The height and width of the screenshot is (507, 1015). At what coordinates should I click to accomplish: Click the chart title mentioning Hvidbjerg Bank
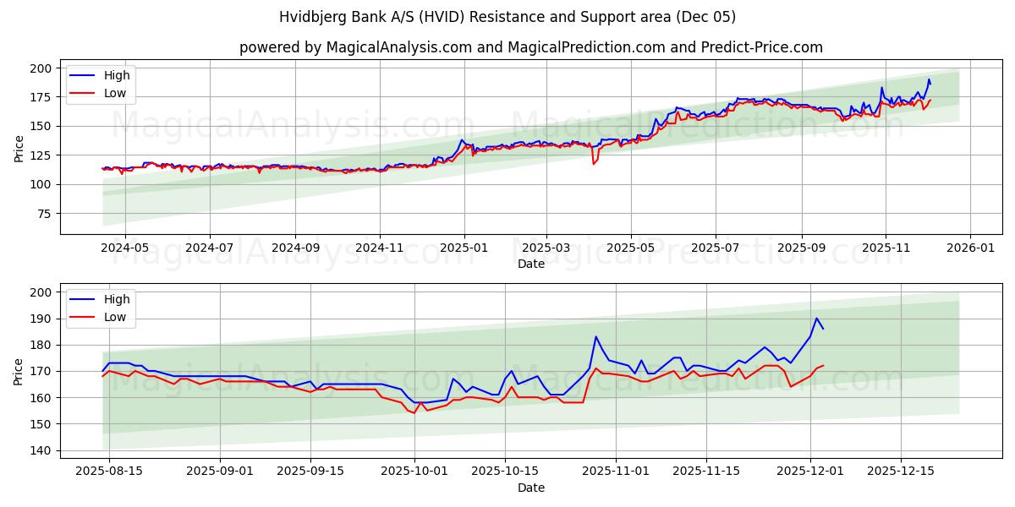507,17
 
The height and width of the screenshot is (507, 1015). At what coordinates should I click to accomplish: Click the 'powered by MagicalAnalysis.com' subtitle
530,47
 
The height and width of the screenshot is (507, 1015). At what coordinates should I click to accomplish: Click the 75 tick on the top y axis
44,214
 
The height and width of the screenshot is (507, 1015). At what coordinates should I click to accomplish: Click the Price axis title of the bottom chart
19,371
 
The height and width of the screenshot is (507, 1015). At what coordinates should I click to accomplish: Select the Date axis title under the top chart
530,264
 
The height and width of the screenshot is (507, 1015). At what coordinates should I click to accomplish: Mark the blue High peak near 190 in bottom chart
816,319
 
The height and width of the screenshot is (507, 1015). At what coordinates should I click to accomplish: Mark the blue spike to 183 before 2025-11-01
595,337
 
